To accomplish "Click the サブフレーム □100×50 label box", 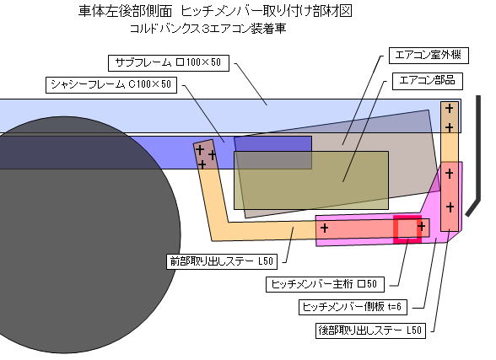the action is (x=169, y=63).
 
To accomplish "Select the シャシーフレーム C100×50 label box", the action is (x=111, y=84).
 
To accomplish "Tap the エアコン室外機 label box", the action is (x=429, y=56).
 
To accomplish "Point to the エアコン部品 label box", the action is (x=428, y=81).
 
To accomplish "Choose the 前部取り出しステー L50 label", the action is (x=222, y=261).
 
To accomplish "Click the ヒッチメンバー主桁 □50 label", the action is (x=325, y=284).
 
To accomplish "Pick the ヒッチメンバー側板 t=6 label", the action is (x=353, y=307).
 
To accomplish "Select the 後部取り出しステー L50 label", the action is (x=370, y=330).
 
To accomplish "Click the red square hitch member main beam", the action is (x=407, y=229).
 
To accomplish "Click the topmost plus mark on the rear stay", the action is (x=449, y=109).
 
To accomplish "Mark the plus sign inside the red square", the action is (x=421, y=226).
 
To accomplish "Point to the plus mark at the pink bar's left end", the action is (x=324, y=228).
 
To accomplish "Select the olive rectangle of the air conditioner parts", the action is (x=311, y=180).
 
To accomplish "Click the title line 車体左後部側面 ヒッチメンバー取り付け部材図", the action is (x=215, y=11).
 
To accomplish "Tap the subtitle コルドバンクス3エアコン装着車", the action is (x=208, y=29).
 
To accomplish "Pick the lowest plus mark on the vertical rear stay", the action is (x=450, y=207).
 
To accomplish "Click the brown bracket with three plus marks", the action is (x=206, y=154).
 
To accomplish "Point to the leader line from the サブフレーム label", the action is (x=251, y=84).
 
